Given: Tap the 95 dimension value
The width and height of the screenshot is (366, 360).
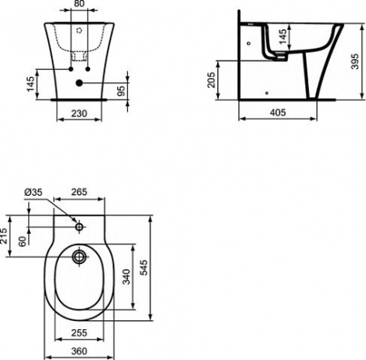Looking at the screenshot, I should [x=121, y=88].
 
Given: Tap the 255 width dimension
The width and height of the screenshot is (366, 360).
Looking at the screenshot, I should [x=78, y=332].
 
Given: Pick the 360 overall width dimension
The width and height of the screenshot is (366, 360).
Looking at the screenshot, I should [x=78, y=350].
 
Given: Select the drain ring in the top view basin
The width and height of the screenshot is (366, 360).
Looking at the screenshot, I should [x=79, y=258].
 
